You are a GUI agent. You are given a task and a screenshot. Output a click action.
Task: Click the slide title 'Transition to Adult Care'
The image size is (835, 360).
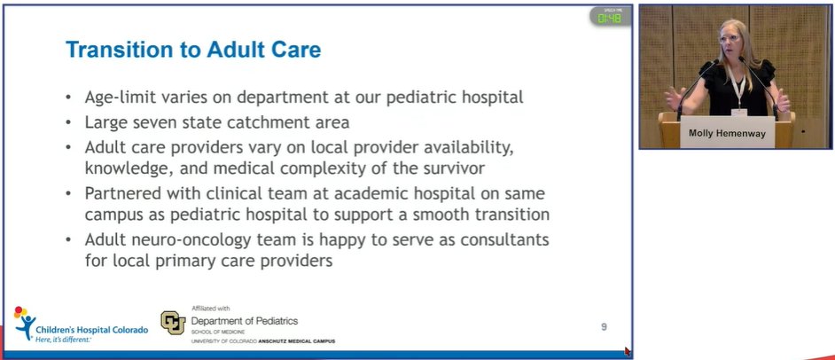point(193,51)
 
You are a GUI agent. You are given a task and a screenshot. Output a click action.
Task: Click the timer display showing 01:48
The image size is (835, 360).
point(610,18)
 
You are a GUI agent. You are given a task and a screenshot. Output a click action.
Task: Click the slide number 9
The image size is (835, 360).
point(604,327)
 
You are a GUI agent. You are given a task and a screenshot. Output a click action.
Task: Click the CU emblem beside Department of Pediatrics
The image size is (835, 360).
point(173,323)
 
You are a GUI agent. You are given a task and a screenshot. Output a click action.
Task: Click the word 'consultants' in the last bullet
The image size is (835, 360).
point(503,241)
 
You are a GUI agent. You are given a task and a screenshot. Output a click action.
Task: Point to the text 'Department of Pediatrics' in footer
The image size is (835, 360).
point(245,320)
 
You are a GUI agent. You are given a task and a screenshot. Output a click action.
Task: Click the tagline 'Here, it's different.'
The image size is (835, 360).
point(62,340)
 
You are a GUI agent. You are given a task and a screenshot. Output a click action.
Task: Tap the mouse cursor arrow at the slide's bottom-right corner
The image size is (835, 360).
point(628,351)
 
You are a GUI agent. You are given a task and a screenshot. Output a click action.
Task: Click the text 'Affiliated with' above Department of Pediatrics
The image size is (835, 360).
point(211,309)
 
